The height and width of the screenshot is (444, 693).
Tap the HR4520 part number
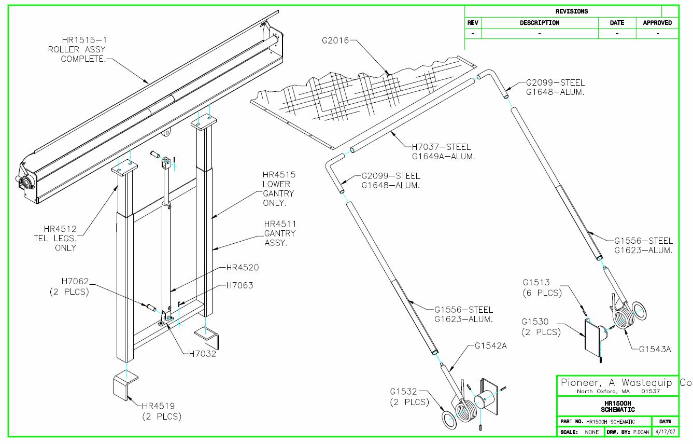coord(242,268)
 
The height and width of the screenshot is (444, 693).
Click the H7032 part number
coord(200,354)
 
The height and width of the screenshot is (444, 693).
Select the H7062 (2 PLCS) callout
coord(68,286)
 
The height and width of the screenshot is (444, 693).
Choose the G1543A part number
coord(655,349)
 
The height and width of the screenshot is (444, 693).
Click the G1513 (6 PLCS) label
coord(542,288)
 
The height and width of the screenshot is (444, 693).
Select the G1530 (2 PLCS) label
coord(541,327)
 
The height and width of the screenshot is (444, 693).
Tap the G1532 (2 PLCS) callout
coord(409,397)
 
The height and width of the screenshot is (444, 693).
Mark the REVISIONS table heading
coord(571,11)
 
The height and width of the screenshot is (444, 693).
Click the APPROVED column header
coord(657,23)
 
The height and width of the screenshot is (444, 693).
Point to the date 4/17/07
coord(666,432)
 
